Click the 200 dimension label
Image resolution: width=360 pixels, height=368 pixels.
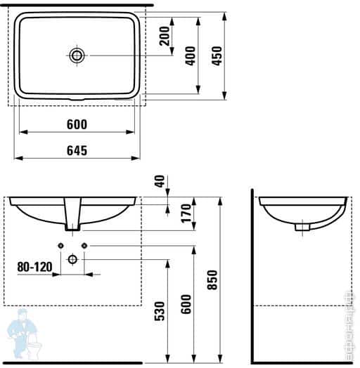click(x=165, y=36)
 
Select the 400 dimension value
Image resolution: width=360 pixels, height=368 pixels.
click(x=190, y=55)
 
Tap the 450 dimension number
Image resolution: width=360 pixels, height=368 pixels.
click(x=217, y=55)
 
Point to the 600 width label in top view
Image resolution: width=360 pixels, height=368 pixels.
click(x=77, y=124)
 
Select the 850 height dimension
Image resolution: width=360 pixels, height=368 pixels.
click(x=214, y=281)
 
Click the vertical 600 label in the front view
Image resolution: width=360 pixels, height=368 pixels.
click(x=187, y=303)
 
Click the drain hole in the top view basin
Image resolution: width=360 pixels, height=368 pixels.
click(x=76, y=55)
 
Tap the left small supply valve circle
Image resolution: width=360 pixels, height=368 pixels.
click(x=60, y=245)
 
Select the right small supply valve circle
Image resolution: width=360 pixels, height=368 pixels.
click(x=84, y=245)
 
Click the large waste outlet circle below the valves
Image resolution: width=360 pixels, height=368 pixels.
click(x=72, y=259)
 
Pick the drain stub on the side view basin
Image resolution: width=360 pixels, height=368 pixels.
click(x=302, y=225)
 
